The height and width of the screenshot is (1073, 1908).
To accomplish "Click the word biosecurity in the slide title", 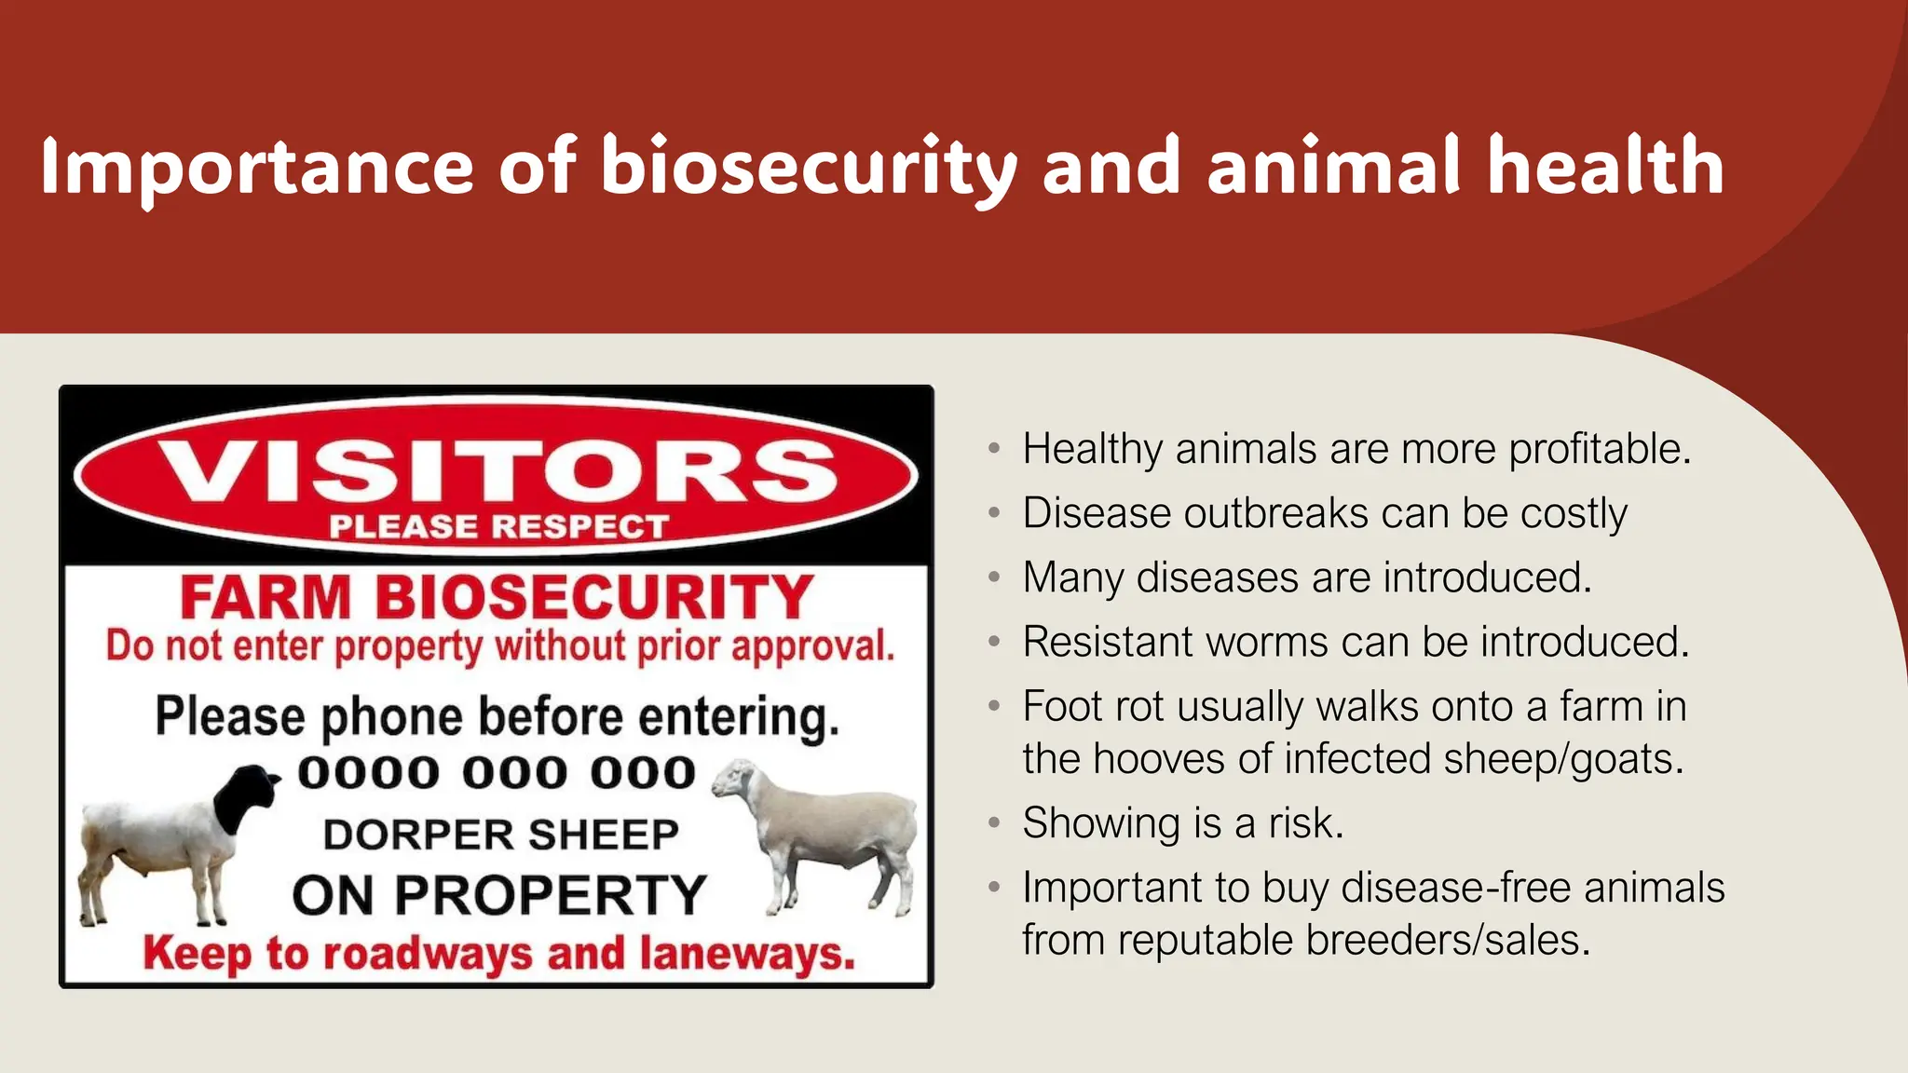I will point(809,168).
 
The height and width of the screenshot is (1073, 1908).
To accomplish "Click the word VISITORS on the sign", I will point(497,471).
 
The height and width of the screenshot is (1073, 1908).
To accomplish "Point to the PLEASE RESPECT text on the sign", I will point(498,527).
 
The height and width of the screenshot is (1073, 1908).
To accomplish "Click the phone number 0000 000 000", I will point(497,773).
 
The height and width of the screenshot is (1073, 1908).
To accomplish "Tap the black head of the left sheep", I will point(244,797).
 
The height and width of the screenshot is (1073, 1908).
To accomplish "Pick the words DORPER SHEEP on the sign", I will point(500,835).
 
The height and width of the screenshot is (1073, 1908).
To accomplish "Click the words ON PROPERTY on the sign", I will point(499,895).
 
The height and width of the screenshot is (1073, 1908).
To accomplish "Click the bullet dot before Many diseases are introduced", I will point(994,578).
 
